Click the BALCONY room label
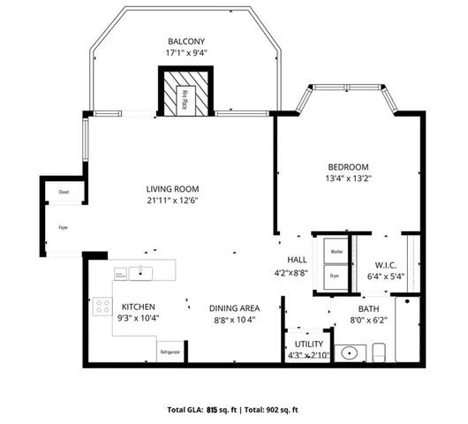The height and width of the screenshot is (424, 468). (x=186, y=42)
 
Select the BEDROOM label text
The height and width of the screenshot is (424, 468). (x=348, y=168)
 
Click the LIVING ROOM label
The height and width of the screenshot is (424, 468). (x=172, y=189)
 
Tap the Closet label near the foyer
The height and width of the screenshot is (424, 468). (x=64, y=192)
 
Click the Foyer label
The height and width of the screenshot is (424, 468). (x=64, y=227)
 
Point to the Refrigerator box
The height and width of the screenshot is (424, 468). (x=170, y=352)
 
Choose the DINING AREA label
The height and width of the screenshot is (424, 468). (x=232, y=307)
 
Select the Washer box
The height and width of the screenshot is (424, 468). (x=336, y=252)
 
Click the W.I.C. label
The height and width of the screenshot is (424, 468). (x=384, y=264)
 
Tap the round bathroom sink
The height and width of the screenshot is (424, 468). (x=350, y=353)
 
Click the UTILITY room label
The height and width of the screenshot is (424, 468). (x=307, y=344)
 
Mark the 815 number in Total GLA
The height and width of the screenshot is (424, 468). (x=212, y=410)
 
